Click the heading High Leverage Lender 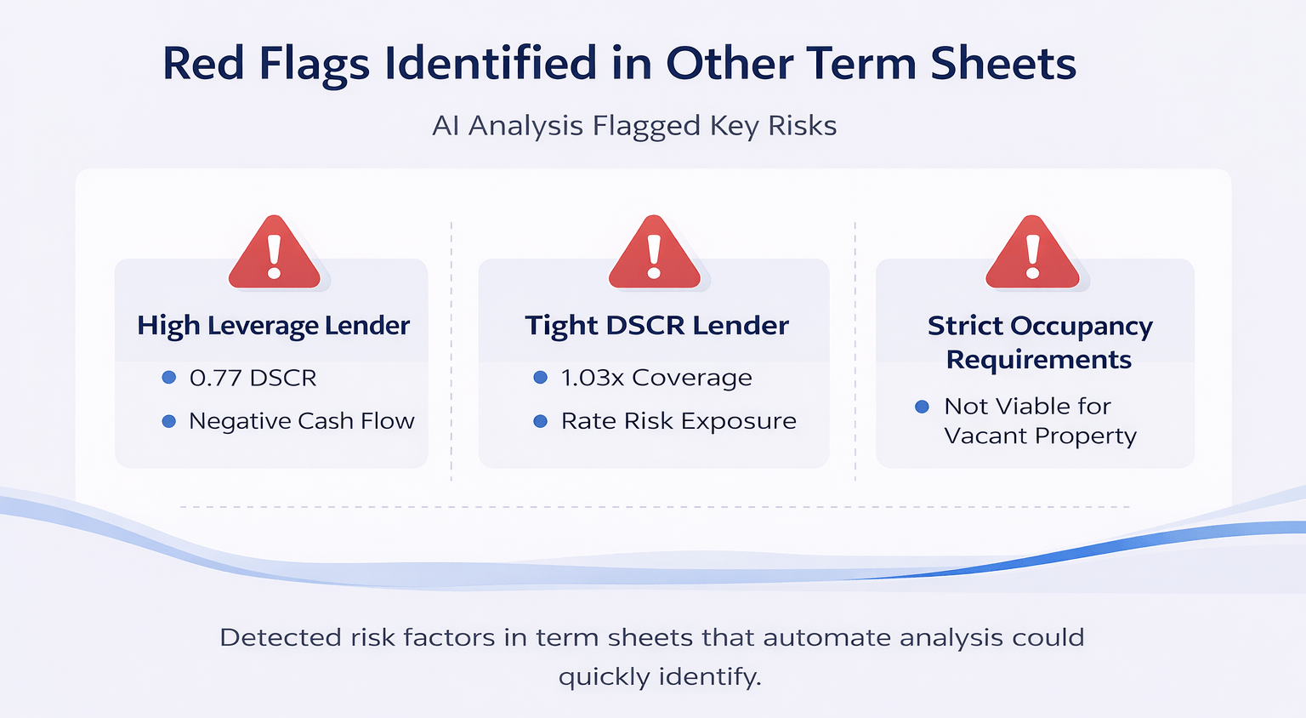coord(273,326)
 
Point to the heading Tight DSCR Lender coord(656,326)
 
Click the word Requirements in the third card coord(1038,360)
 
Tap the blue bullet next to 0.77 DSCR coord(168,378)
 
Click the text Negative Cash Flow coord(301,421)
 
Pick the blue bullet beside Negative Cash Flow coord(168,421)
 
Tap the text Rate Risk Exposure coord(679,421)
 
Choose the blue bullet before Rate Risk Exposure coord(540,421)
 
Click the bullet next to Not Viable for coord(922,407)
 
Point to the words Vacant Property coord(1039,436)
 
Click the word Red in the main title coord(202,64)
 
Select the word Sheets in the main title coord(1002,64)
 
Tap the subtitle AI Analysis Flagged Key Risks coord(634,126)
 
